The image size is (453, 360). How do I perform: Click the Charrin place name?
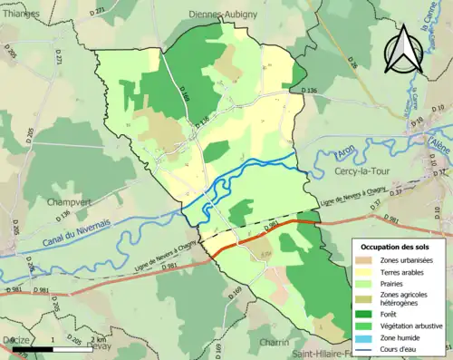273,343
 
